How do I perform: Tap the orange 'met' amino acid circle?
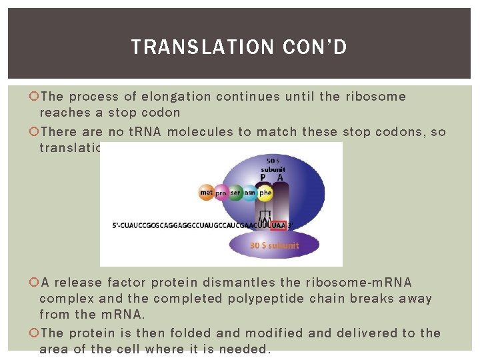click(x=207, y=193)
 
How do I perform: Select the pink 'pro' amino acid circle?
click(x=221, y=193)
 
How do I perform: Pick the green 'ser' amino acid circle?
click(x=236, y=193)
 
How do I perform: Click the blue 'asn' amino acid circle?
click(x=250, y=193)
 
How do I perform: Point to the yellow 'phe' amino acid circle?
click(x=265, y=193)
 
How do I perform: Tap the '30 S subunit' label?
click(x=275, y=245)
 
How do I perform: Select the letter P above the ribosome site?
click(x=263, y=177)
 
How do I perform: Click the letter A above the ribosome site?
click(x=280, y=177)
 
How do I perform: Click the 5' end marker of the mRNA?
click(x=116, y=225)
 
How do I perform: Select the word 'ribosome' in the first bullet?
click(x=375, y=97)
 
